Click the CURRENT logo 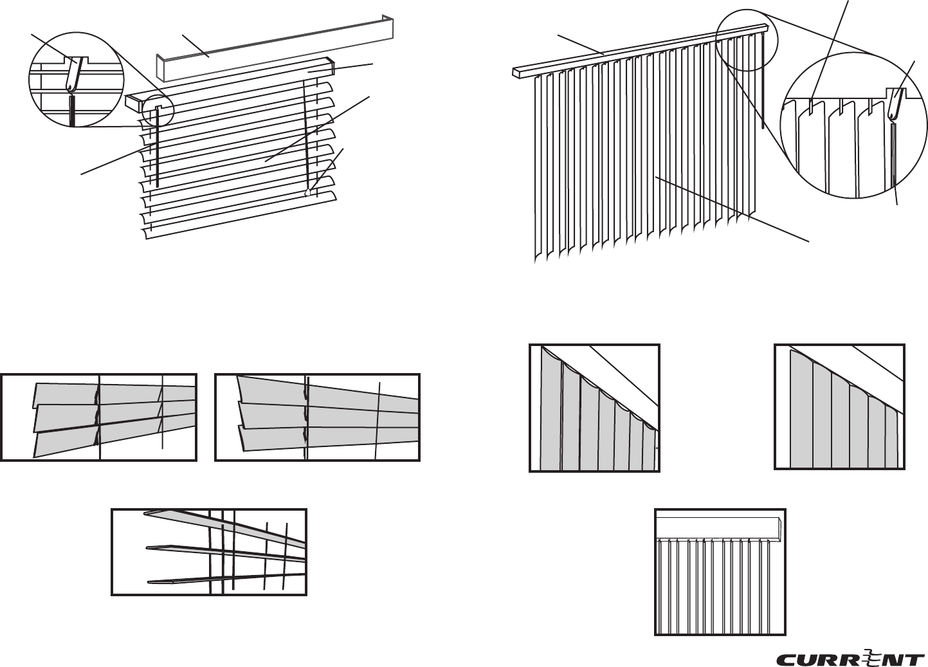850,659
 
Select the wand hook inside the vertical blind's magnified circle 894,104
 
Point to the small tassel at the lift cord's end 308,191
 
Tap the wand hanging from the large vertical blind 763,84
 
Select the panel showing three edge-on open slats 209,552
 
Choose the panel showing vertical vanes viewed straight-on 720,572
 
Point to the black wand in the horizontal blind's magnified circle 72,111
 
